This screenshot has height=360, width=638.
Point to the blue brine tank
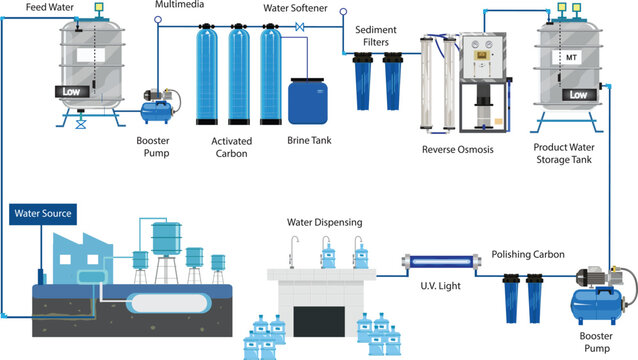click(x=306, y=101)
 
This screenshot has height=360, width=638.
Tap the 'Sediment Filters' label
click(x=381, y=36)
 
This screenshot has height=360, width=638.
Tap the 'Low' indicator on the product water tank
click(x=577, y=94)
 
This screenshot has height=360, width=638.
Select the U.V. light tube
click(x=439, y=262)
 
